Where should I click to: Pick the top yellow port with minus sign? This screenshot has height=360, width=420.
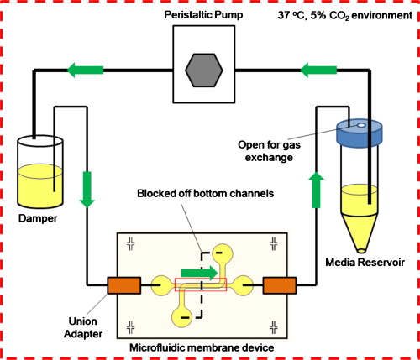click(x=220, y=251)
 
